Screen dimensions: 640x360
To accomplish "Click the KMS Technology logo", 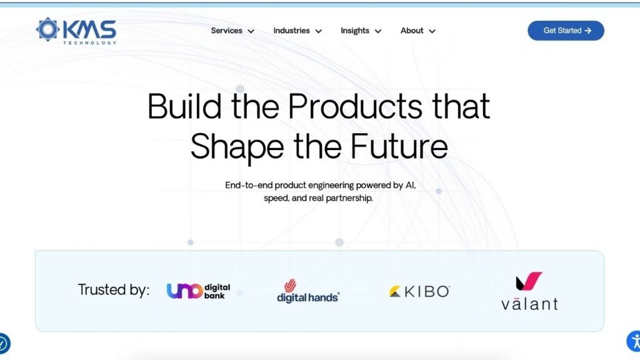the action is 76,31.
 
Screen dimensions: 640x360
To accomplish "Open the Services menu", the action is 232,31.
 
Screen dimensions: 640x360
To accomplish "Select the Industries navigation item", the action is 297,31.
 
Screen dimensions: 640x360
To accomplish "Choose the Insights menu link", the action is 361,31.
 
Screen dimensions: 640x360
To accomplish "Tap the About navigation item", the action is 418,31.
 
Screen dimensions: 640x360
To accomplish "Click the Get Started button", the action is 566,31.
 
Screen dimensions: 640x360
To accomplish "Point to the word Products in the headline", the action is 355,106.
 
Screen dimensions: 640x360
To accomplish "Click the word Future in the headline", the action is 399,146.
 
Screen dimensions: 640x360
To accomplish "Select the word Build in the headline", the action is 184,106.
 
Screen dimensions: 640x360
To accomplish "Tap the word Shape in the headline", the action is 237,147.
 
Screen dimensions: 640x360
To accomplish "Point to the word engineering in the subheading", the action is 331,186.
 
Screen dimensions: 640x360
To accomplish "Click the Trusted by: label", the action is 114,290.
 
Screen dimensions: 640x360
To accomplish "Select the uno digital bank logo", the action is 198,291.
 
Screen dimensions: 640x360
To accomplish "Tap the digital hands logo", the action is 308,291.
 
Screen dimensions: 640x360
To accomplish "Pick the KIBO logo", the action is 419,291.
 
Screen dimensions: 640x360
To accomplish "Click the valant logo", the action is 529,291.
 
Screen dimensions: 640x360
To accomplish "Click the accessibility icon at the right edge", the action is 634,341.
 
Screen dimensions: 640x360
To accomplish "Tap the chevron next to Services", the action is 251,31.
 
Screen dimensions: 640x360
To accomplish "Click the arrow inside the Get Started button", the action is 587,31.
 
